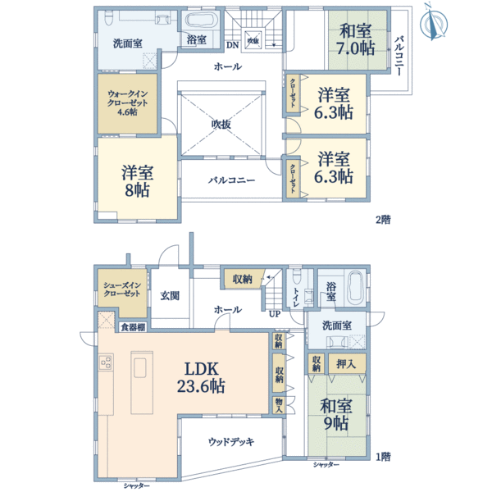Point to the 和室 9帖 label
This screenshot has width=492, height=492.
click(335, 414)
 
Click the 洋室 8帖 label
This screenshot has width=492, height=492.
click(138, 181)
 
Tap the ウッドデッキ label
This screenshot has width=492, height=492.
click(230, 441)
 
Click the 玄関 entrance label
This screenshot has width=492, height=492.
click(170, 295)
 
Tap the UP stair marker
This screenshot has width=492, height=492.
click(275, 312)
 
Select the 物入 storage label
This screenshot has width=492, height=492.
click(280, 405)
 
